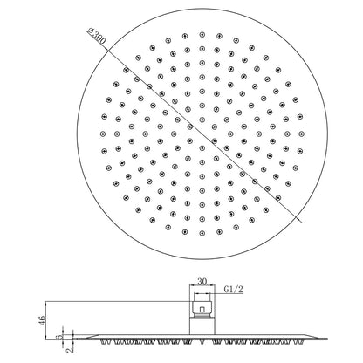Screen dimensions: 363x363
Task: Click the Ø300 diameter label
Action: tap(97, 36)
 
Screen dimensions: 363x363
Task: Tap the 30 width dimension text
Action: tap(202, 281)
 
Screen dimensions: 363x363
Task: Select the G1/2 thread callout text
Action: tap(233, 290)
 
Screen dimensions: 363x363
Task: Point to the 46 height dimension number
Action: tap(43, 320)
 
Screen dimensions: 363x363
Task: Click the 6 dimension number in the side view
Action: tap(60, 337)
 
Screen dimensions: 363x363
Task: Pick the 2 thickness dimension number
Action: tap(70, 350)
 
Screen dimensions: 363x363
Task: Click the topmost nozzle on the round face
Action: tap(202, 34)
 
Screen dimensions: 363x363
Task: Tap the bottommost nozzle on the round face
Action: tap(202, 233)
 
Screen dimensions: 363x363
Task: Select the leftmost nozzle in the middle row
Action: tap(103, 134)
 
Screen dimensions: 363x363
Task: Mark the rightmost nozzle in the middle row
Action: tap(301, 134)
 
